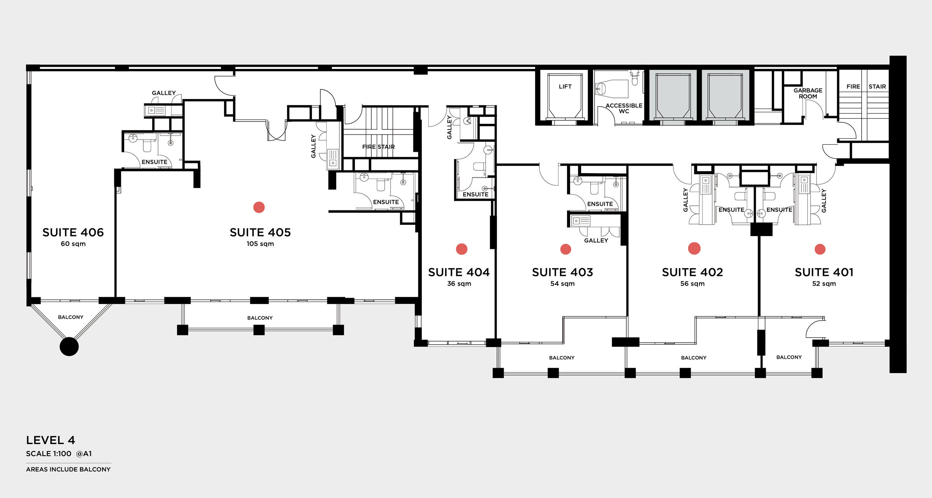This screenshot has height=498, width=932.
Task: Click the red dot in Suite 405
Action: [259, 207]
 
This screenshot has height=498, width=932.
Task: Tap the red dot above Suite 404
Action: [462, 249]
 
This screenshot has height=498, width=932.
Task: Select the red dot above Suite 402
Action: [694, 248]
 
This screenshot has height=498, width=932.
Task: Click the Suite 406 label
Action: [73, 232]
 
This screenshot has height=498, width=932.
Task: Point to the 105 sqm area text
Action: [260, 244]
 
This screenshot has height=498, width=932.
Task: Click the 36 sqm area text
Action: [459, 284]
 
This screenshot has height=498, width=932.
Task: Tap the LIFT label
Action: [565, 87]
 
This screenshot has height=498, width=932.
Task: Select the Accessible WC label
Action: [624, 108]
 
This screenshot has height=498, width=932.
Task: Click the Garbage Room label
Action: [808, 93]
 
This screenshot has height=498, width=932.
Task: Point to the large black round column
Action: [69, 347]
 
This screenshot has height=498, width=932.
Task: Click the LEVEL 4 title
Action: [50, 440]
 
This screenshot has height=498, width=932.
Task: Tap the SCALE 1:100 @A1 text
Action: [59, 453]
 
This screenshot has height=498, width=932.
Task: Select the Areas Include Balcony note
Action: [68, 469]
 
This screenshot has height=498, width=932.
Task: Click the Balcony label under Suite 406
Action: [71, 317]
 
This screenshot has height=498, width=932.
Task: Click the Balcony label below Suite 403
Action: [562, 357]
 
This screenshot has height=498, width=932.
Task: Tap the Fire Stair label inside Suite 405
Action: [378, 147]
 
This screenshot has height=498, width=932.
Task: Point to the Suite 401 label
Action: [824, 272]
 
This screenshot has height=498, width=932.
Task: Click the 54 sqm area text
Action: [562, 284]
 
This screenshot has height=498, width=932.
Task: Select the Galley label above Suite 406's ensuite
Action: [163, 93]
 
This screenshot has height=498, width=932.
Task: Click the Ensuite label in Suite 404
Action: [475, 194]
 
